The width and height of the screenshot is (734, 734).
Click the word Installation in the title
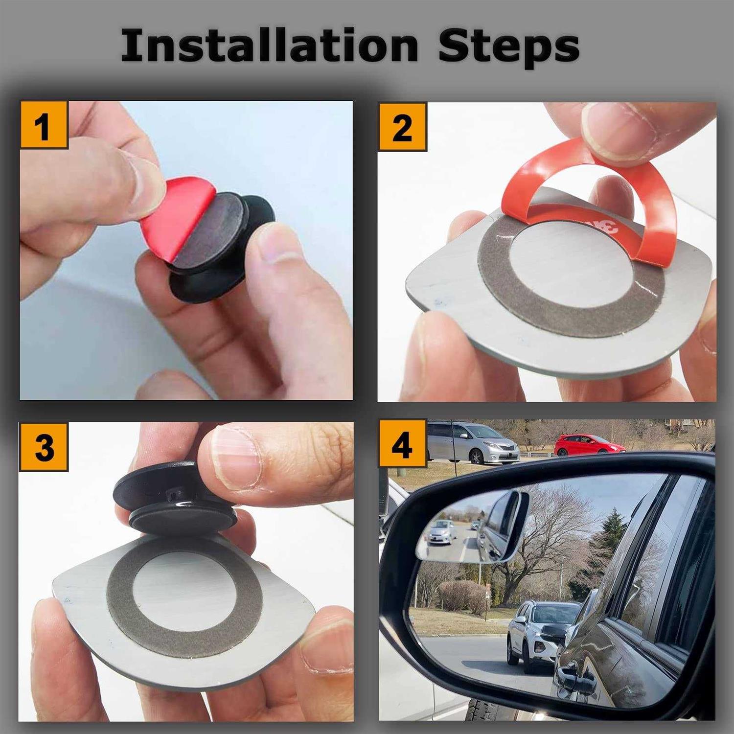pos(269,46)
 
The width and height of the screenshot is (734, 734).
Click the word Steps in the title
pos(509,47)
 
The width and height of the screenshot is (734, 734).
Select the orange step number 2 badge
pos(402,126)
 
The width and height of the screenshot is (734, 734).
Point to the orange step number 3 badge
pos(44,447)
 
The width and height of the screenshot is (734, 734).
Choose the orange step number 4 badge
pos(403,444)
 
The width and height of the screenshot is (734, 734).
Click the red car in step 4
pos(589,444)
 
